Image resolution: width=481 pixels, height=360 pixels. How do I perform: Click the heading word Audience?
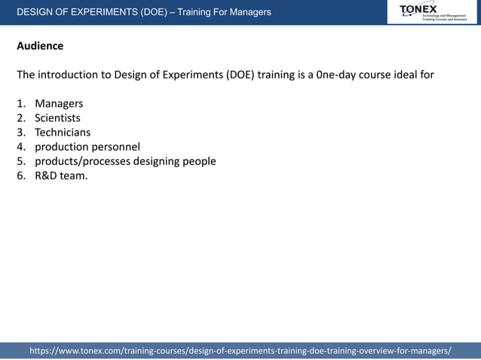(x=40, y=46)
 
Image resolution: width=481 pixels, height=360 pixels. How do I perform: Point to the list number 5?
(x=20, y=161)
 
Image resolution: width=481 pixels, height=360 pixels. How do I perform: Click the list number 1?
(x=20, y=103)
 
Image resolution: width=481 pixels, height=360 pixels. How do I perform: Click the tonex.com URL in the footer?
(x=240, y=351)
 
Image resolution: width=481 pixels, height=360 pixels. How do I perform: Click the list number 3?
(x=20, y=132)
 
